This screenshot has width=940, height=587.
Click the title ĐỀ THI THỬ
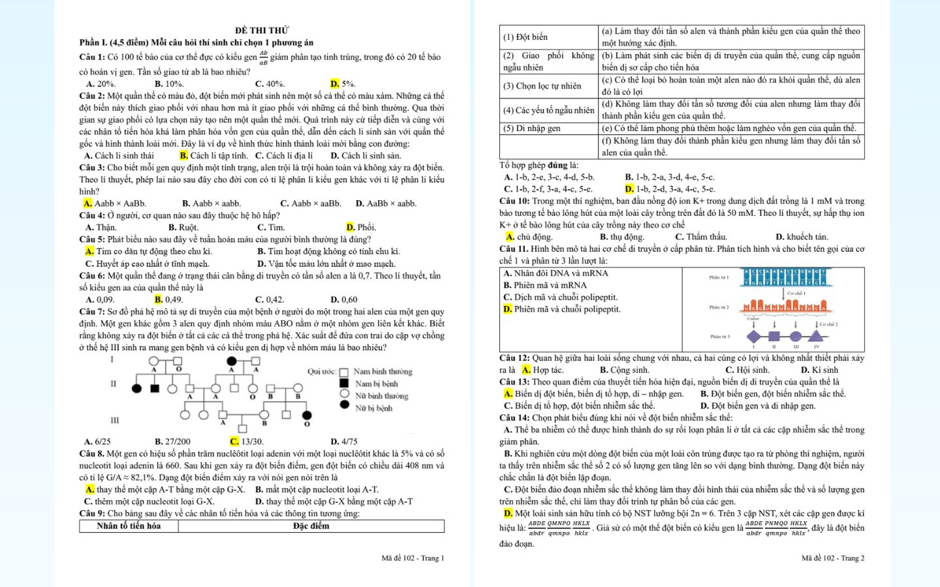(x=262, y=30)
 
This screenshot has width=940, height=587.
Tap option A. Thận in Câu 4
(x=101, y=227)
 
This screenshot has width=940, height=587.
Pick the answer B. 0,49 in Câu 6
(x=168, y=299)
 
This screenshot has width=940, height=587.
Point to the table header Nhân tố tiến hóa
(x=129, y=526)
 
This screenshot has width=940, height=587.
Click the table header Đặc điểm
(x=311, y=526)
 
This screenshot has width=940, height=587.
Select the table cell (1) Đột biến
(x=525, y=37)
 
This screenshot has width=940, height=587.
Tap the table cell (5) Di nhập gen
(x=531, y=128)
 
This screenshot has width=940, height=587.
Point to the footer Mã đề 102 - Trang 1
(x=413, y=558)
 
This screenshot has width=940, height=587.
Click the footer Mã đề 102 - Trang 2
(x=833, y=558)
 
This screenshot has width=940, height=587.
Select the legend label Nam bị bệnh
(x=376, y=384)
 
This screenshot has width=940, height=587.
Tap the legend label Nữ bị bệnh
(x=373, y=408)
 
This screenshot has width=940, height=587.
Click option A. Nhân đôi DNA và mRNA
(x=556, y=273)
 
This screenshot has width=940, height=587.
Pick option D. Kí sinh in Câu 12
(x=819, y=370)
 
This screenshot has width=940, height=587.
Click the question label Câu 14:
(x=514, y=417)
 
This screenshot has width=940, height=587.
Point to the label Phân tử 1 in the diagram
(x=719, y=277)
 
